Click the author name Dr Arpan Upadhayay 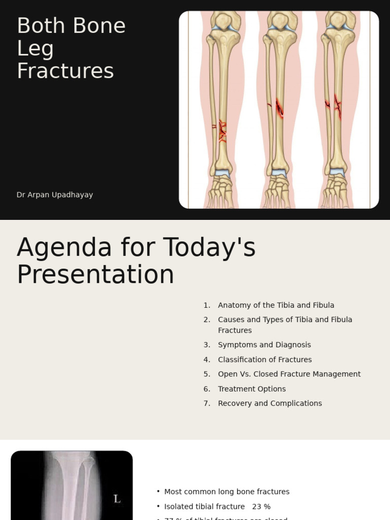click(55, 195)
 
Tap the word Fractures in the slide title click(65, 71)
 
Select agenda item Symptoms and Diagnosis click(264, 345)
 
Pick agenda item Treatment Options click(251, 389)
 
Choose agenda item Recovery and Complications click(270, 403)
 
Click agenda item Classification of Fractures click(265, 360)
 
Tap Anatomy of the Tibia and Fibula click(276, 305)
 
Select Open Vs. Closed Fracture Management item click(289, 374)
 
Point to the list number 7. click(207, 403)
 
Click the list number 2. click(207, 319)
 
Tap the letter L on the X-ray click(117, 499)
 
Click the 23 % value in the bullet click(261, 506)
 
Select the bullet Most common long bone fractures click(226, 492)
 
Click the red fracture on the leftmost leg click(222, 131)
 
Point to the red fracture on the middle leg click(279, 107)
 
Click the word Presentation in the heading click(95, 275)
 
